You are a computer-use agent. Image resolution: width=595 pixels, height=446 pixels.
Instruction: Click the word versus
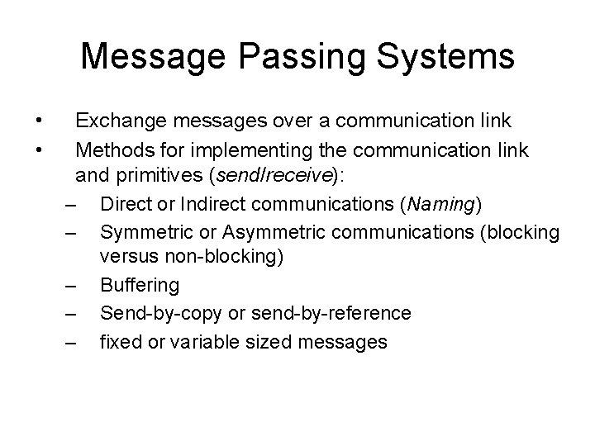click(124, 257)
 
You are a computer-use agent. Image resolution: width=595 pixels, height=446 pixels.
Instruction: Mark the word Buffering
click(139, 285)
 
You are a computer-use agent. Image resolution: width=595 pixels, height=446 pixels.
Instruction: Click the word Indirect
click(233, 202)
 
